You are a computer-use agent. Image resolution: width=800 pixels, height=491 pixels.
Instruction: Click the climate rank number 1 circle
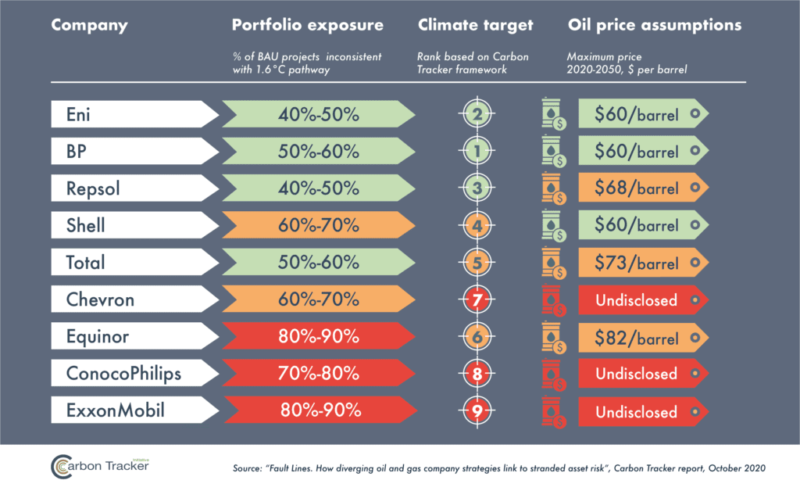(475, 152)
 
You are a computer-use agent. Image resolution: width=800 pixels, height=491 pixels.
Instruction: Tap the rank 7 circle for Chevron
(475, 299)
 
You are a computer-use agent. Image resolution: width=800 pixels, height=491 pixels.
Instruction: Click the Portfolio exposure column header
(308, 25)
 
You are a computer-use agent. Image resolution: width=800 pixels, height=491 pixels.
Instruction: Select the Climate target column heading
(475, 25)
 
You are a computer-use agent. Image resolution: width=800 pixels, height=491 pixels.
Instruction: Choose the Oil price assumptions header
(654, 25)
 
